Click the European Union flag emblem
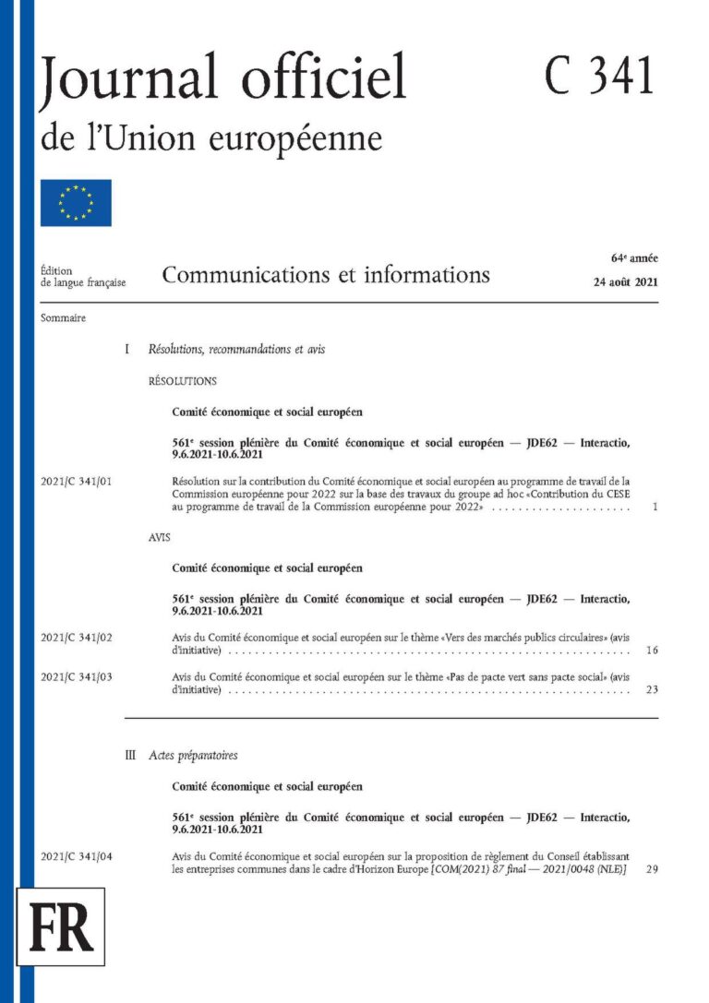(76, 203)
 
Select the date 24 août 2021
(625, 283)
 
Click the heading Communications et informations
(326, 275)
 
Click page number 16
(652, 651)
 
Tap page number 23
(652, 689)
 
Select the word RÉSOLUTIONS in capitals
(182, 380)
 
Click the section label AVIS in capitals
(160, 536)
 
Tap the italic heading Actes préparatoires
(193, 755)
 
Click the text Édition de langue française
(83, 277)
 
